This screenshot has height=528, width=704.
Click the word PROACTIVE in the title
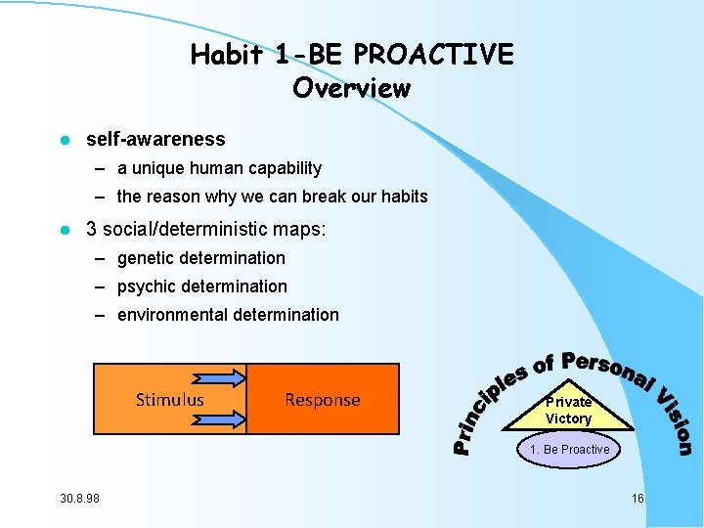pyautogui.click(x=443, y=55)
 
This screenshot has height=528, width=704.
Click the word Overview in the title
pyautogui.click(x=351, y=88)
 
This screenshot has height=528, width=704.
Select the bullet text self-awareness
pyautogui.click(x=155, y=140)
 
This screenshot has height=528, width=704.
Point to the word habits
pyautogui.click(x=402, y=197)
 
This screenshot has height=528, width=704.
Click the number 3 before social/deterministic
pyautogui.click(x=92, y=230)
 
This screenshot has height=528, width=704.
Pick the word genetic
pyautogui.click(x=146, y=258)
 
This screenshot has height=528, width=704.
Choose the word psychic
pyautogui.click(x=147, y=286)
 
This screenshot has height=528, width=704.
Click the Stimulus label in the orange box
pyautogui.click(x=170, y=399)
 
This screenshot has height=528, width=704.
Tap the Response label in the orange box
pyautogui.click(x=322, y=399)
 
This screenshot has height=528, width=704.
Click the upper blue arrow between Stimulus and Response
pyautogui.click(x=220, y=379)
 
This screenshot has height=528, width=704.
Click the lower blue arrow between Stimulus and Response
pyautogui.click(x=220, y=418)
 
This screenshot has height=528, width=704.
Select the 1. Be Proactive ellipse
pyautogui.click(x=569, y=450)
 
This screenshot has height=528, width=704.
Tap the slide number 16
pyautogui.click(x=638, y=499)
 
